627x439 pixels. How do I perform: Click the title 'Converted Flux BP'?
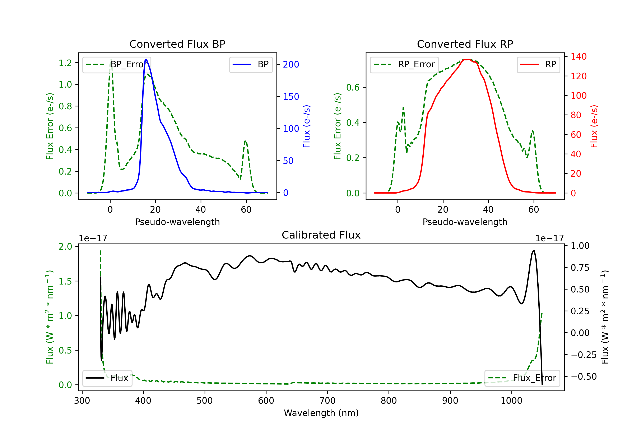tap(177, 44)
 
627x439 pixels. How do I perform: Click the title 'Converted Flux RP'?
tap(465, 44)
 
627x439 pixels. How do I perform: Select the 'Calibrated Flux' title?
tap(321, 235)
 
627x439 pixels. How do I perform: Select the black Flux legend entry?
tap(107, 378)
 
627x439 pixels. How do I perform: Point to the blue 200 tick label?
tap(291, 64)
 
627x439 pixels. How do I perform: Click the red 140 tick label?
tap(578, 57)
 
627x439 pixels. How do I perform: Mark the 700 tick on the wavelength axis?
tap(328, 401)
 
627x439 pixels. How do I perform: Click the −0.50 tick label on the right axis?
tap(584, 377)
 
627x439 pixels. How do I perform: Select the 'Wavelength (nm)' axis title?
tap(321, 413)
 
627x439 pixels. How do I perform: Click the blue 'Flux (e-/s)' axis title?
tap(306, 126)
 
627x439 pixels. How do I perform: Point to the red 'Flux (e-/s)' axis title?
tap(594, 126)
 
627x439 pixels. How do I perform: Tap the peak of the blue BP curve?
tap(146, 59)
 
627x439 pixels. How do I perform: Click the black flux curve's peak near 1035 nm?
tap(534, 250)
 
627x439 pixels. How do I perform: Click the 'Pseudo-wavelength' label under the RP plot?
tap(465, 222)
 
